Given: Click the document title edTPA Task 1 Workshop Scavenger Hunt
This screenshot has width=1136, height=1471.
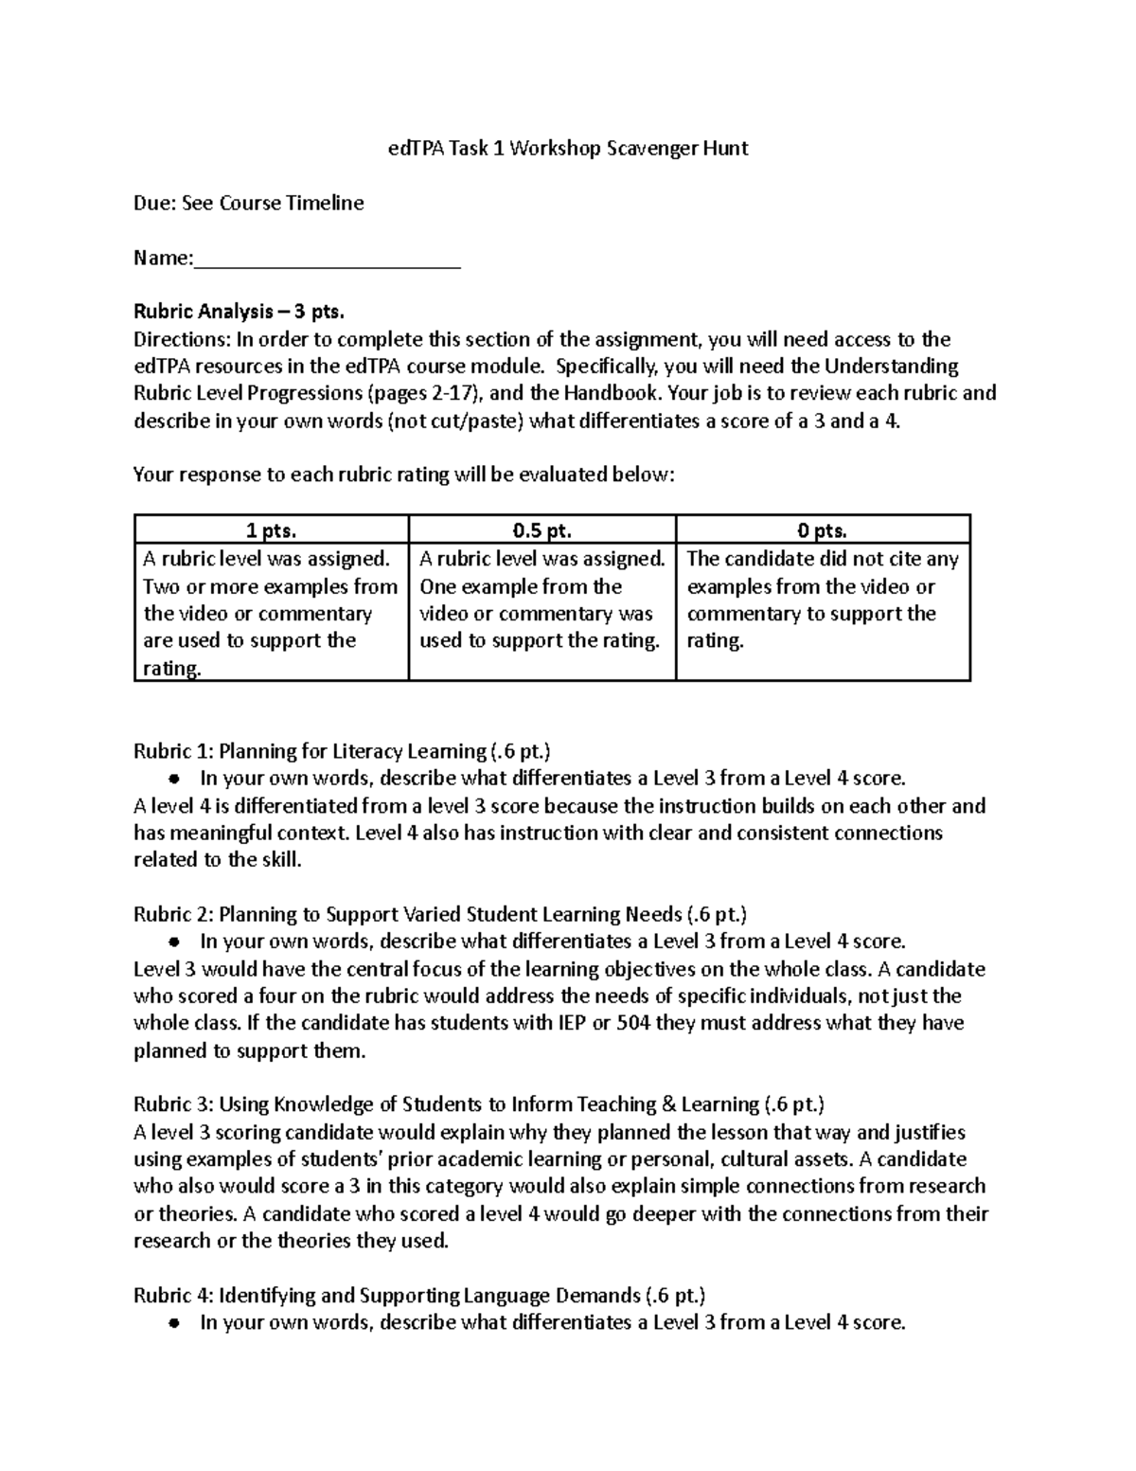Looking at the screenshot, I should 568,148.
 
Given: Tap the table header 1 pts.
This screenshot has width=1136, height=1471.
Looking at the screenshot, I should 271,530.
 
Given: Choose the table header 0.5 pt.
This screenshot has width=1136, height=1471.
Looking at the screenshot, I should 541,530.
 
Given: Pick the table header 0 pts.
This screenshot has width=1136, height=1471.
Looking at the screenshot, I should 823,530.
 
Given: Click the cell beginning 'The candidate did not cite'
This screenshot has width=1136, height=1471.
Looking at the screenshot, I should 823,600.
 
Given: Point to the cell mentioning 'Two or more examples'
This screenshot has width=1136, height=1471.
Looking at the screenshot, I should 271,613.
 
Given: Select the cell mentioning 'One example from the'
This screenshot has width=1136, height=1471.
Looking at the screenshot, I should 541,600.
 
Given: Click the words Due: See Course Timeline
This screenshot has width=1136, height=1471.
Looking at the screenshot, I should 248,203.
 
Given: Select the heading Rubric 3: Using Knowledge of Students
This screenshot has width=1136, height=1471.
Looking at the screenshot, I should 479,1104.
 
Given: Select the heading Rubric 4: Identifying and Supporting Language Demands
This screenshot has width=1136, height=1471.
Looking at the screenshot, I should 419,1296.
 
